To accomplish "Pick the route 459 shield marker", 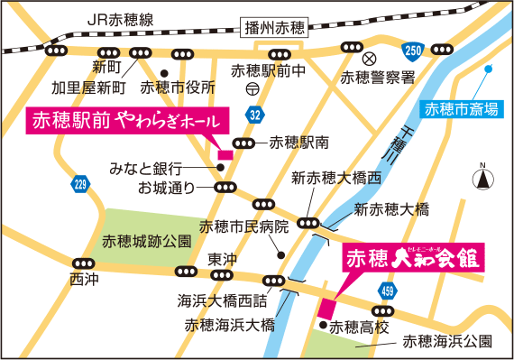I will pyautogui.click(x=387, y=291).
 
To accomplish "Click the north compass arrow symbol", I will pyautogui.click(x=484, y=178).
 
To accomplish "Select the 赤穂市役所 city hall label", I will pyautogui.click(x=184, y=88).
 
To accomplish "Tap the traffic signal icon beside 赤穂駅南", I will pyautogui.click(x=243, y=143).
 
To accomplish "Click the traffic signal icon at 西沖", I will pyautogui.click(x=82, y=263).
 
